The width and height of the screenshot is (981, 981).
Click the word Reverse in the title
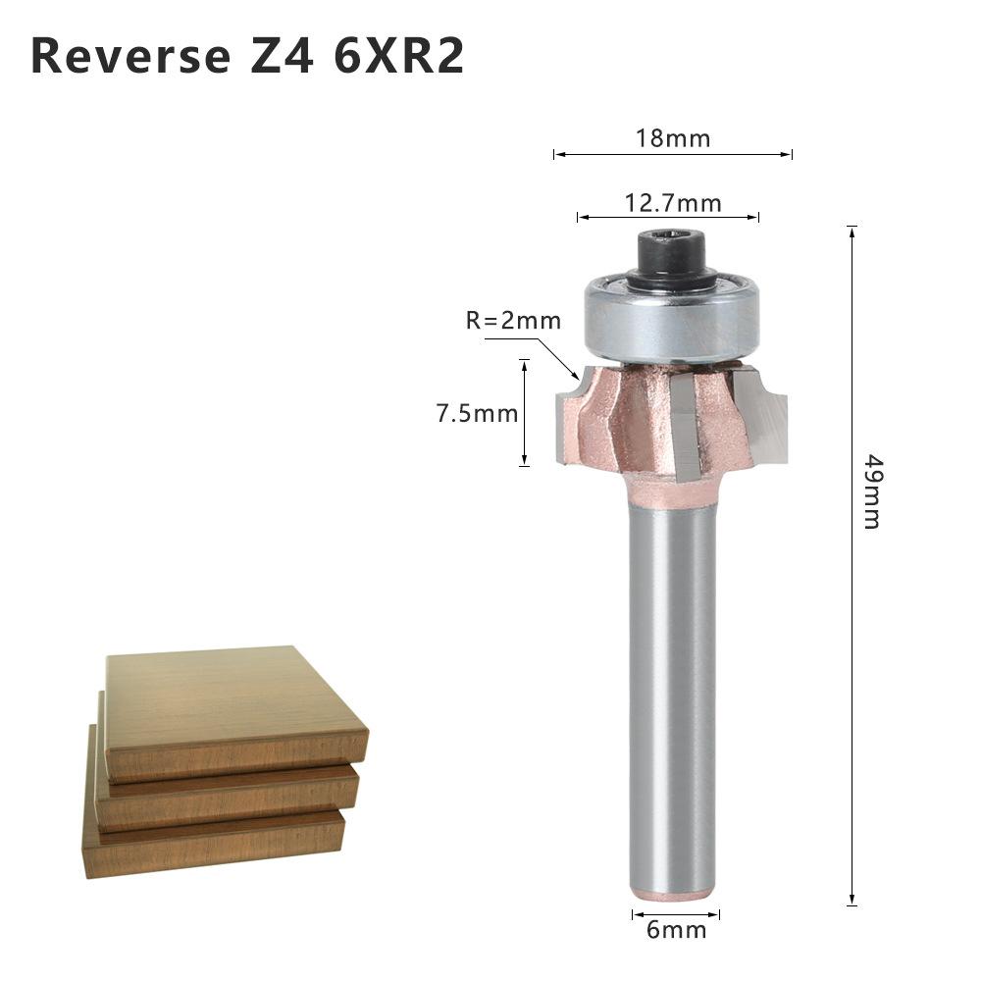128,57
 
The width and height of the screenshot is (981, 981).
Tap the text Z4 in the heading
278,57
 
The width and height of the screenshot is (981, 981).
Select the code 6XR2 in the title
398,57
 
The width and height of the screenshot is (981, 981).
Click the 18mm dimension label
672,137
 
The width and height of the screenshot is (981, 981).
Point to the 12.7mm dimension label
673,203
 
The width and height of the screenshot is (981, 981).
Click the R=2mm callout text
513,321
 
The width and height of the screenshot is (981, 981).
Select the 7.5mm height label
477,413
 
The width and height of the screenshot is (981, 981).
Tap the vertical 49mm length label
871,490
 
